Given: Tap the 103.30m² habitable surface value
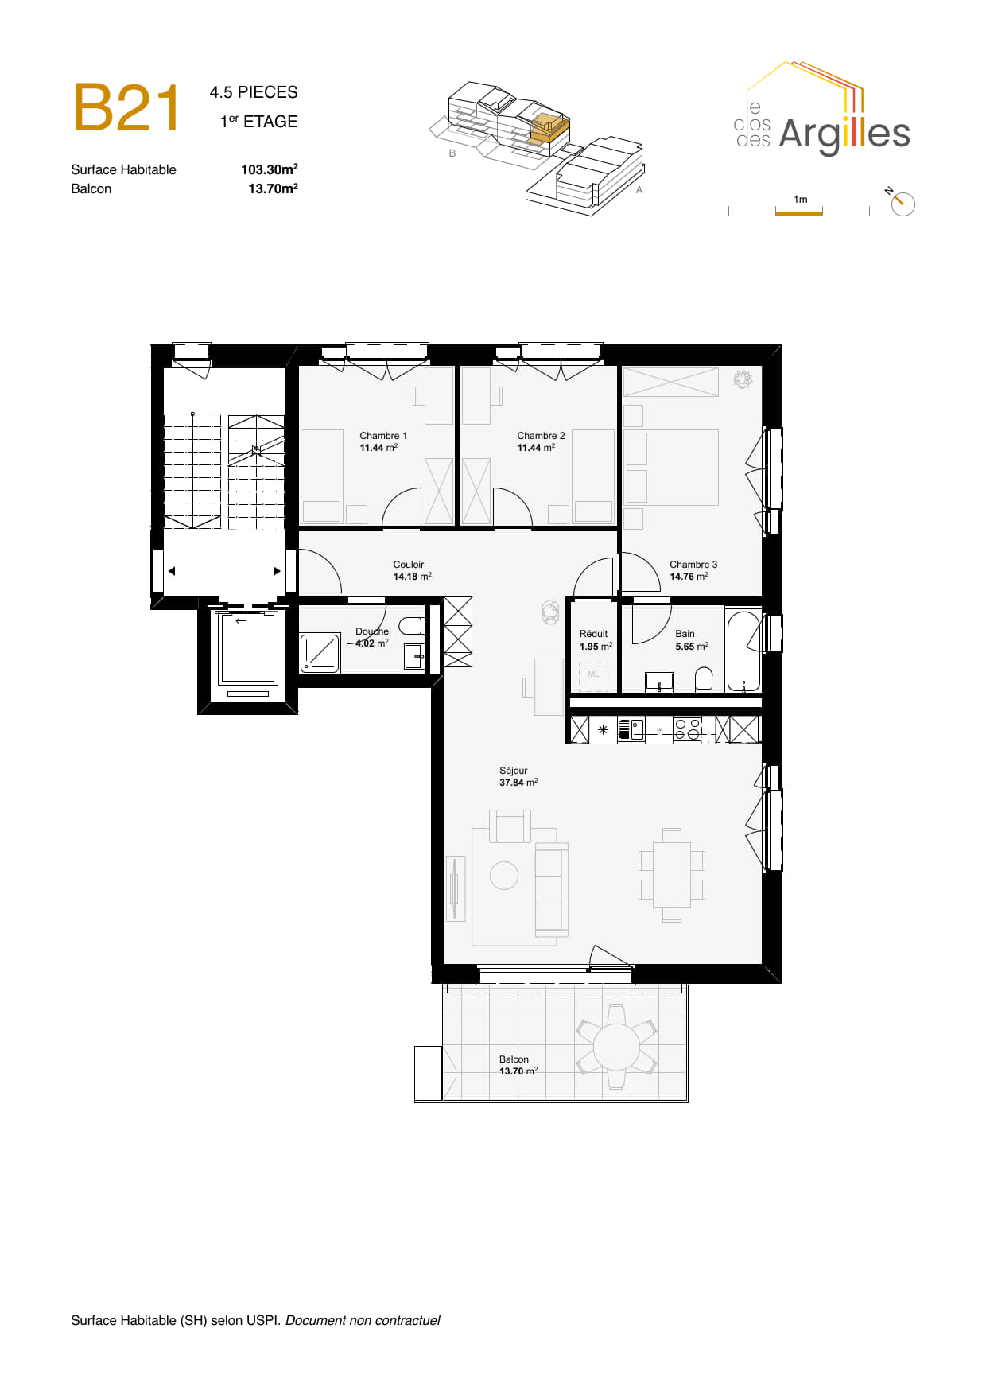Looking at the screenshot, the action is (x=270, y=169).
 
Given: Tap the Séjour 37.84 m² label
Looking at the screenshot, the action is (x=518, y=776).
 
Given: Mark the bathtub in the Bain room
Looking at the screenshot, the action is (x=744, y=651).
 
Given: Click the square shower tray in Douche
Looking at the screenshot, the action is (x=320, y=653).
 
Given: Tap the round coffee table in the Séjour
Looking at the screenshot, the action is (x=504, y=876).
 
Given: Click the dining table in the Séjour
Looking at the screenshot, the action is (x=672, y=875).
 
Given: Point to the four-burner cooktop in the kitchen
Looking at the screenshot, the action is (x=687, y=729).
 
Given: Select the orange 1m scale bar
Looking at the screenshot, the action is (x=799, y=212).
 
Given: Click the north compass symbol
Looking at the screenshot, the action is (x=902, y=203).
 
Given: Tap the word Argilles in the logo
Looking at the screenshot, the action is (x=844, y=134).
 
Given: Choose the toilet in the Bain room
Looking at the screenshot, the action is (x=704, y=679).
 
